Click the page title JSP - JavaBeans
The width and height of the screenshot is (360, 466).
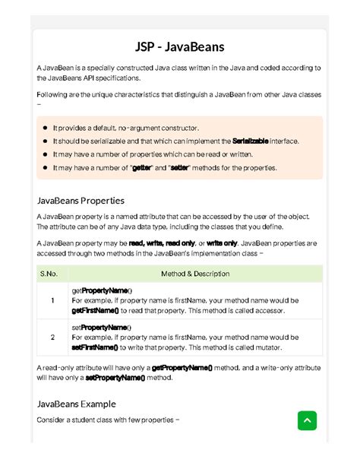click(x=180, y=47)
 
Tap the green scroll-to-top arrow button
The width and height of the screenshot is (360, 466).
click(x=307, y=420)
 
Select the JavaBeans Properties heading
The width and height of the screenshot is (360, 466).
click(x=81, y=201)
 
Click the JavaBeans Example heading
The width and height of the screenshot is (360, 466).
click(x=76, y=404)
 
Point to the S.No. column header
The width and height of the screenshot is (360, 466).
click(x=48, y=274)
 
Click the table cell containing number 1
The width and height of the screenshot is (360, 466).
click(x=52, y=300)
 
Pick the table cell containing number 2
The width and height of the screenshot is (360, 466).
click(x=52, y=337)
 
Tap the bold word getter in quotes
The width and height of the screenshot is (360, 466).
click(x=142, y=167)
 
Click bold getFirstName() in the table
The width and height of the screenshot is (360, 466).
click(x=95, y=311)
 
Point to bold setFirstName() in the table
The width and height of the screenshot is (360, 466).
click(x=95, y=347)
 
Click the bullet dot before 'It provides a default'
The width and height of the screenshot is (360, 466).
click(x=46, y=128)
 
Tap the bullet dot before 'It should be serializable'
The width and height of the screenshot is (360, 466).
click(x=46, y=141)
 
